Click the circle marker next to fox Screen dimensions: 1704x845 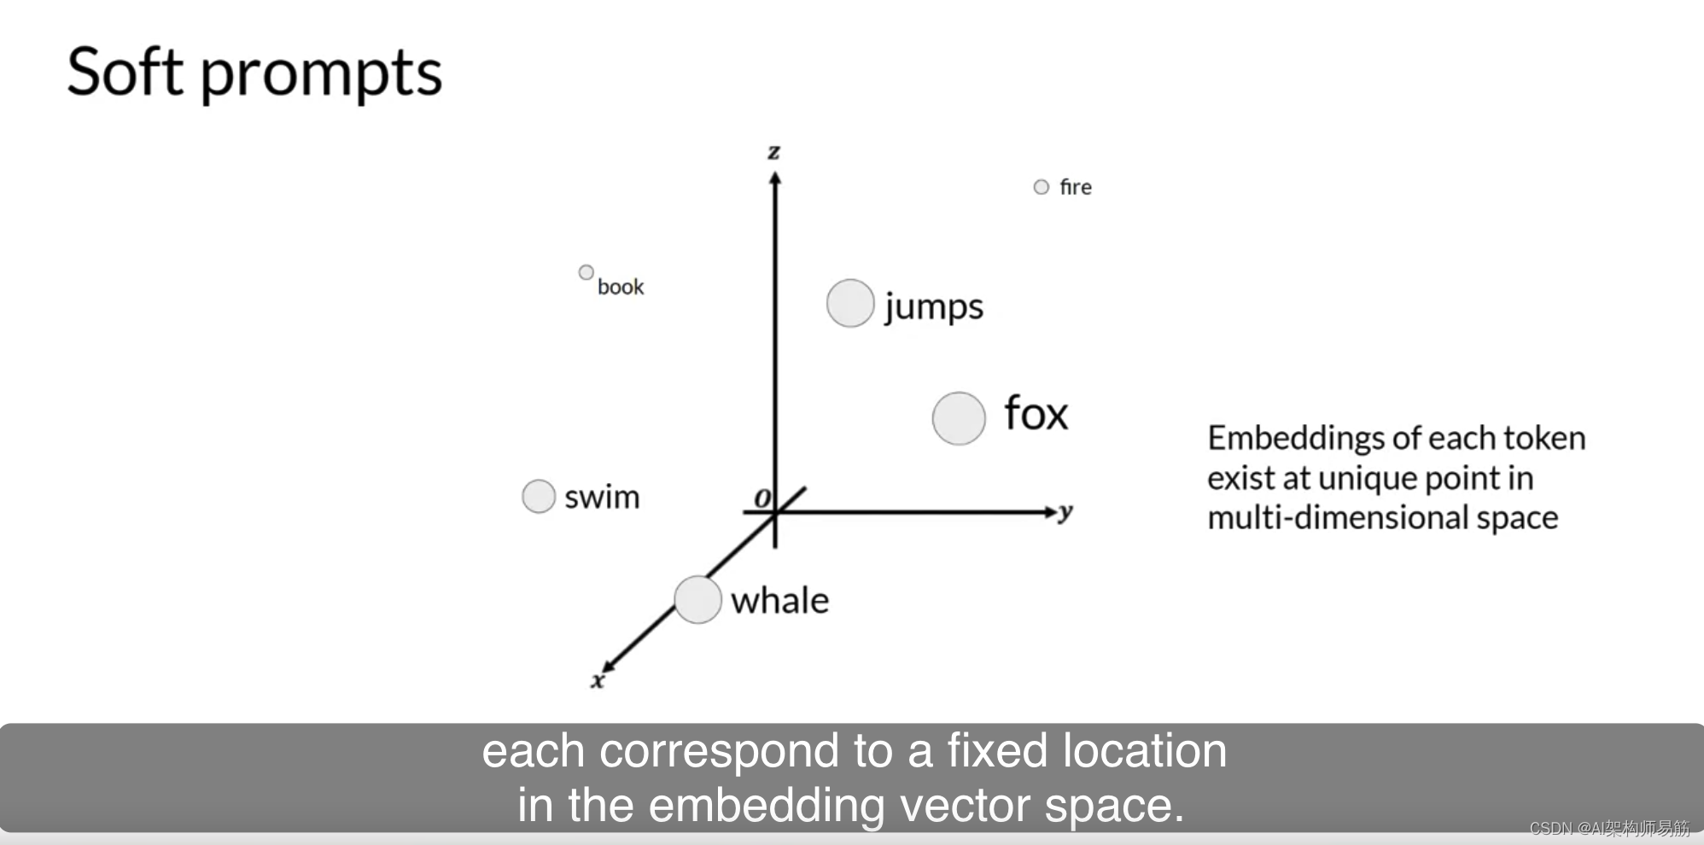point(959,418)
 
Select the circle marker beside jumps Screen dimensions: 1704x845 point(850,303)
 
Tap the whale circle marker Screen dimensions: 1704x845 point(697,599)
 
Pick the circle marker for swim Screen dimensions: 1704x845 point(539,496)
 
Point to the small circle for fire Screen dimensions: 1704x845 point(1041,187)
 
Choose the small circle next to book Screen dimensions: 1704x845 point(586,272)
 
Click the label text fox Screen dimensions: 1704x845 point(1036,414)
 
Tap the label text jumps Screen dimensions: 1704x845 point(934,307)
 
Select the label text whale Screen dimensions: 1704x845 point(779,601)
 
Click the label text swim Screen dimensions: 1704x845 point(602,497)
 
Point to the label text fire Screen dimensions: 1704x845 point(1076,187)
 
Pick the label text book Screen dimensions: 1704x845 point(621,287)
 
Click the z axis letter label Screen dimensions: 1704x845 point(773,153)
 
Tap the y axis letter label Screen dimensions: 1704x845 point(1065,512)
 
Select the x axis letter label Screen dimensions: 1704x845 point(598,680)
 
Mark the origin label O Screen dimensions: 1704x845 point(762,498)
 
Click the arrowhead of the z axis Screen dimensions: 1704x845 point(775,178)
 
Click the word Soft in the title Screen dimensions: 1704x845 point(125,72)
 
